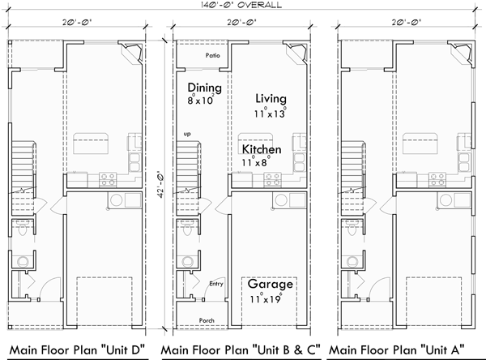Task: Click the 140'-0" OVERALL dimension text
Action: [x=243, y=5]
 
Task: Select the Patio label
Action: [x=213, y=56]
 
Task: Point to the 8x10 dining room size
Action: [x=201, y=101]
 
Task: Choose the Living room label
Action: [x=270, y=98]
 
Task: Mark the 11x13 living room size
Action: [x=270, y=114]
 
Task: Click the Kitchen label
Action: [x=261, y=150]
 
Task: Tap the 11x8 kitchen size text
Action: [x=254, y=163]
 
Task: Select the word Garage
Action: [x=270, y=285]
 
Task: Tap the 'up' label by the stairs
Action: [x=188, y=133]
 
